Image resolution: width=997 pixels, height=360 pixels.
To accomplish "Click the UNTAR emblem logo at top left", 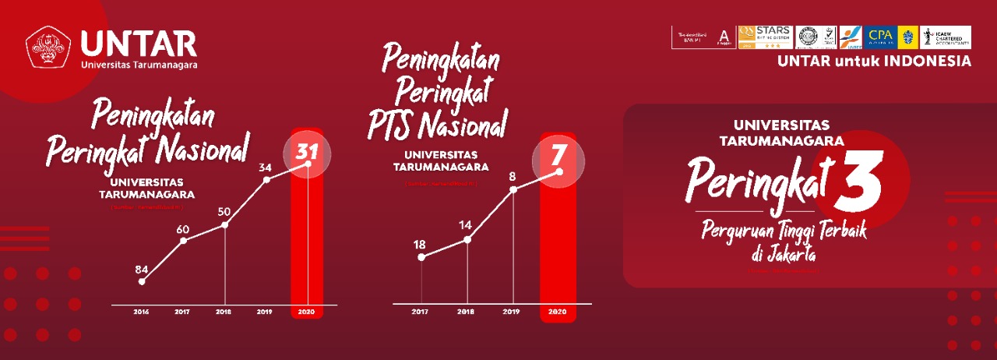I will [48, 48].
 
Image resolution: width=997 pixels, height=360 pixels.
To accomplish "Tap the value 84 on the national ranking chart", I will [141, 270].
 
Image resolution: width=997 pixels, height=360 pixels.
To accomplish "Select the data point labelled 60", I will [182, 229].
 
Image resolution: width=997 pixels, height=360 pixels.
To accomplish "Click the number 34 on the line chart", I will [265, 167].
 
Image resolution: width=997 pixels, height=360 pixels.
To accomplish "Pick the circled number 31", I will [307, 151].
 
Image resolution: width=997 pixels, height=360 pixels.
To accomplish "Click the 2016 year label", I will [141, 312].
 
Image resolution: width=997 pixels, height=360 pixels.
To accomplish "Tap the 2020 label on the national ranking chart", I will [307, 312].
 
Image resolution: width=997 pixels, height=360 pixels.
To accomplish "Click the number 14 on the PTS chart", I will [466, 226].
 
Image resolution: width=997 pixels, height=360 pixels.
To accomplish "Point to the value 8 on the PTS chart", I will [513, 176].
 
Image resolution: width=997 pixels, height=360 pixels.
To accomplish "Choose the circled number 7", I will [558, 157].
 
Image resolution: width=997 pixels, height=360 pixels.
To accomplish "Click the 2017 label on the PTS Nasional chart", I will [421, 312].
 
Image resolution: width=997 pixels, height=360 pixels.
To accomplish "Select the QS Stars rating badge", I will [765, 37].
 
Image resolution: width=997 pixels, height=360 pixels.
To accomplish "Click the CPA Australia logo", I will [879, 36].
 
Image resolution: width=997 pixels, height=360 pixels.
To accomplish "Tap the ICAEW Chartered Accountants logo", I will [945, 37].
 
